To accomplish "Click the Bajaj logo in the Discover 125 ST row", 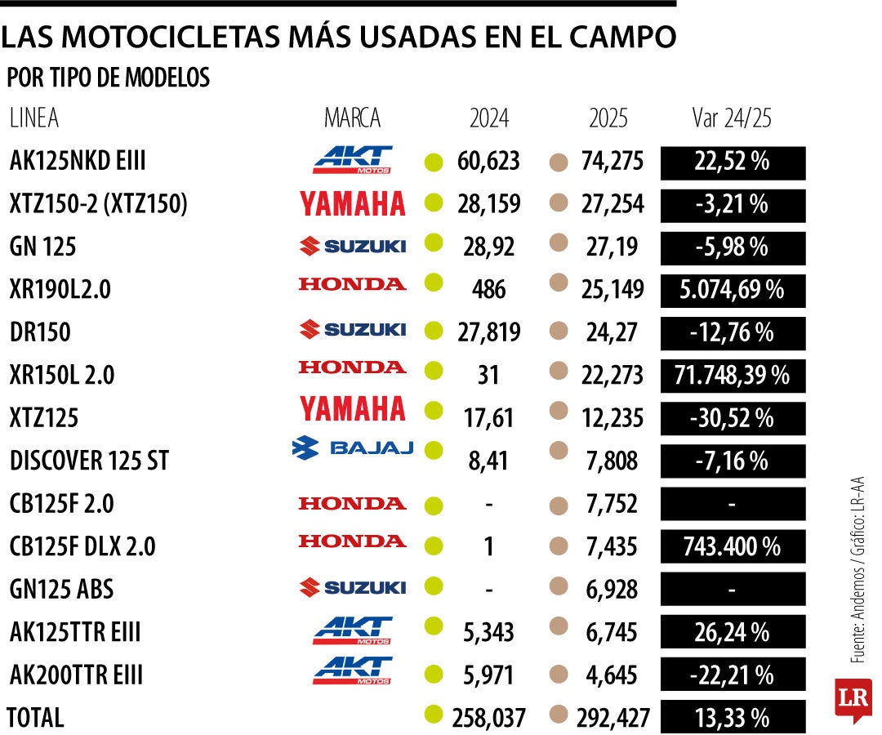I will pos(353,448).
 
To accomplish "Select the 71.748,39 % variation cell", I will pos(733,375).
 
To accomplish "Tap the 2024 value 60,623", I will pos(488,162).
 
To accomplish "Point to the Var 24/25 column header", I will pos(731,118).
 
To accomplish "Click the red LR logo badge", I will pos(853,699).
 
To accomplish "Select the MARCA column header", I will pos(352,118).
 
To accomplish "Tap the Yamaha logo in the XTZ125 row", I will pos(353,408).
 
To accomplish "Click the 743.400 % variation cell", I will pos(733,546).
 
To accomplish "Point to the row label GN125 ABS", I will pos(61,589).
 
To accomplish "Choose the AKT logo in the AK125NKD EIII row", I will pos(353,159).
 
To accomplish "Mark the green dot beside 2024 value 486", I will pos(434,283).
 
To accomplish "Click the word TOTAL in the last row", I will pos(35,718).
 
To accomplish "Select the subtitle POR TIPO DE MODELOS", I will pos(108,78).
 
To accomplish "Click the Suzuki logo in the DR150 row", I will pos(353,329).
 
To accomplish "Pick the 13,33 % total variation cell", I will pos(733,718).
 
